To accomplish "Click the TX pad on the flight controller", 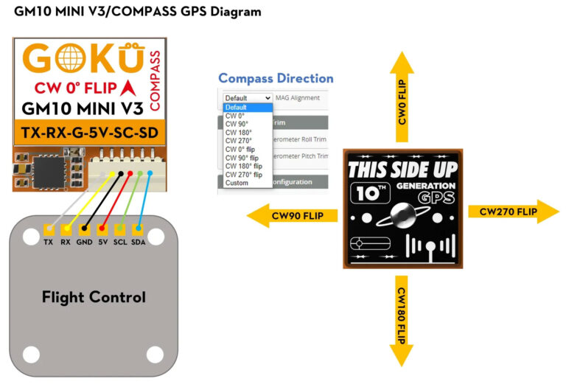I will (48, 229).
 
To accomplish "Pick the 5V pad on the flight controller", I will (102, 229).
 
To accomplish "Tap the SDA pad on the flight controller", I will (138, 229).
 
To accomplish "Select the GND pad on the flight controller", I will (84, 229).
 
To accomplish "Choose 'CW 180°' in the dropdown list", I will (239, 132).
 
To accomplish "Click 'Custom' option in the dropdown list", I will (237, 183).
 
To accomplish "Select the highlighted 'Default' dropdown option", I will (237, 107).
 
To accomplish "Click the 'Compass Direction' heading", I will (276, 78).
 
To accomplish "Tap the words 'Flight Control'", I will (94, 297).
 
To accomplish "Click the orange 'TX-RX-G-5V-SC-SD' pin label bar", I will (88, 134).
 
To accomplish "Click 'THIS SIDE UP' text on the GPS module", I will (402, 169).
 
